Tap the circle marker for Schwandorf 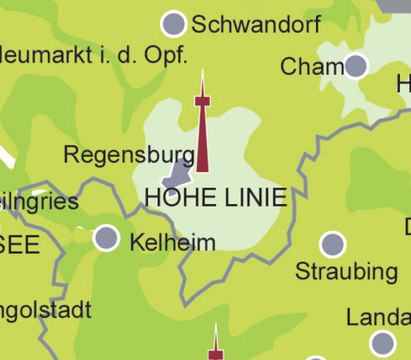point(174,23)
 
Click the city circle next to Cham point(355,65)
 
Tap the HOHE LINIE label point(215,196)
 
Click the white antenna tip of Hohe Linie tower point(202,81)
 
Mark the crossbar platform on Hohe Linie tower point(202,102)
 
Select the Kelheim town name point(172,243)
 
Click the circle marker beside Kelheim point(106,237)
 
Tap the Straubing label point(346,273)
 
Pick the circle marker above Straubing point(332,244)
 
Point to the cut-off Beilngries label point(39,202)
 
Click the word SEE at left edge point(20,245)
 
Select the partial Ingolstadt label point(45,309)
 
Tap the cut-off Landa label point(378,318)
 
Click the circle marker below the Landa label point(382,345)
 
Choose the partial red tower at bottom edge point(215,345)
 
